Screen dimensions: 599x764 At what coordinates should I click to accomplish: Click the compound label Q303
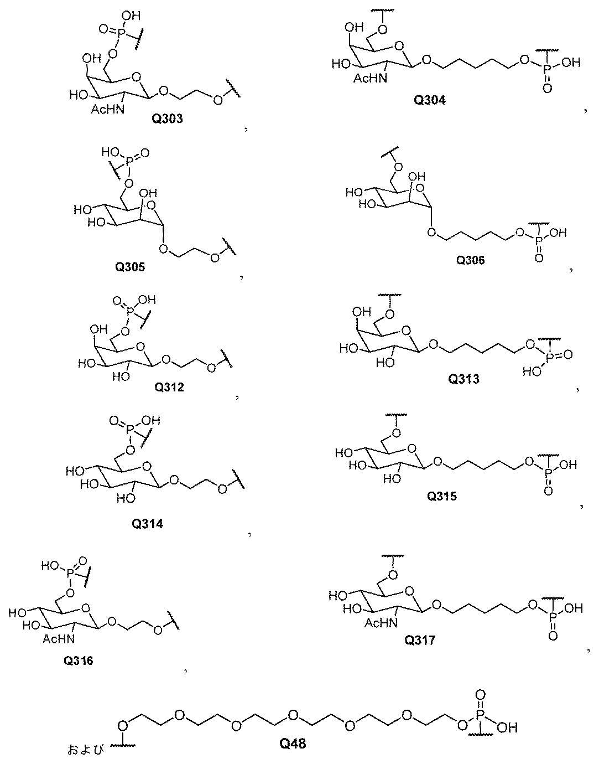167,119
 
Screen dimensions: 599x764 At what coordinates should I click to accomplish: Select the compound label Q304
429,100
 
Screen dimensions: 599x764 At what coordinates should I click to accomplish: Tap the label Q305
130,267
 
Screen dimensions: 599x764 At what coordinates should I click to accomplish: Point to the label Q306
470,260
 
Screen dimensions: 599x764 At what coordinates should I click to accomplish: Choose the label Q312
169,388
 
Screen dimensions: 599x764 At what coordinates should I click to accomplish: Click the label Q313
463,379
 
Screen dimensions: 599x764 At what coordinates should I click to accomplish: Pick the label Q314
148,524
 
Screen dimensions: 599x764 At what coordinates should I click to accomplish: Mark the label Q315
442,496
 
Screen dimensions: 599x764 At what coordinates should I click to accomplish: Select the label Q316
79,661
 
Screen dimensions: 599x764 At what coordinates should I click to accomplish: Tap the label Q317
420,640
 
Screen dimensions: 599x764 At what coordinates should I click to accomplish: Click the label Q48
293,744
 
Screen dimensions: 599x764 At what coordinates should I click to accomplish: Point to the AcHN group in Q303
107,110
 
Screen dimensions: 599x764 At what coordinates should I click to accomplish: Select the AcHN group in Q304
370,78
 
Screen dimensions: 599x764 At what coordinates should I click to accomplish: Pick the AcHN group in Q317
381,623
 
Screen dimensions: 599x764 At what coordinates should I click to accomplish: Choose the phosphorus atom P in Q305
129,162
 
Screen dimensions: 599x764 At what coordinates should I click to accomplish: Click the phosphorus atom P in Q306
539,239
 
